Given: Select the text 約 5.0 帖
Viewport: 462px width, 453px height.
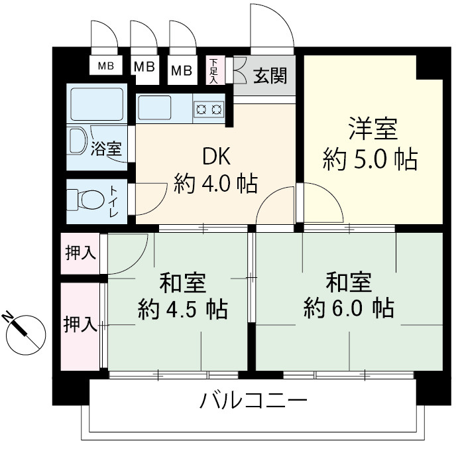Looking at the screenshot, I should click(371, 160).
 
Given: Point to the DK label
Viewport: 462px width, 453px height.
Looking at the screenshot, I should click(215, 157).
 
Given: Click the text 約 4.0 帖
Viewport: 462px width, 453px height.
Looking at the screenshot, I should click(215, 182).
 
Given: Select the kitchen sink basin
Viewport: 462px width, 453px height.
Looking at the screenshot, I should click(155, 107).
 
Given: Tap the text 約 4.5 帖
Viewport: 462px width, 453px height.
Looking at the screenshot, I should click(183, 309).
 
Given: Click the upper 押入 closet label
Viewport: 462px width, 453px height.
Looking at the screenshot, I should click(80, 253).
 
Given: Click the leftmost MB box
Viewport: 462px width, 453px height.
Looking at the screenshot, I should click(105, 66).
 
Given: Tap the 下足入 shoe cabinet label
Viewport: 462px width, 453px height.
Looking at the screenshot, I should click(214, 70).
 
